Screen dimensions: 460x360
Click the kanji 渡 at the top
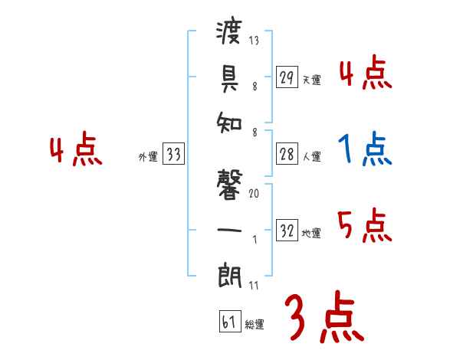click(x=230, y=35)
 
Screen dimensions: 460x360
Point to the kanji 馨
click(x=230, y=185)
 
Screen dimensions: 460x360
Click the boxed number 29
click(x=287, y=77)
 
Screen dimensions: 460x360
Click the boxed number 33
click(x=173, y=155)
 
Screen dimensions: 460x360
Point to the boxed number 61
click(x=228, y=322)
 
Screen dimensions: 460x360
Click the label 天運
click(x=311, y=80)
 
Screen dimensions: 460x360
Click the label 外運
click(x=148, y=157)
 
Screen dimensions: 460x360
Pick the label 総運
click(x=254, y=324)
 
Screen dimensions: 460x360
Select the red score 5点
click(x=365, y=226)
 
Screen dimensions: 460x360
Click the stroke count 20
click(x=254, y=194)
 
